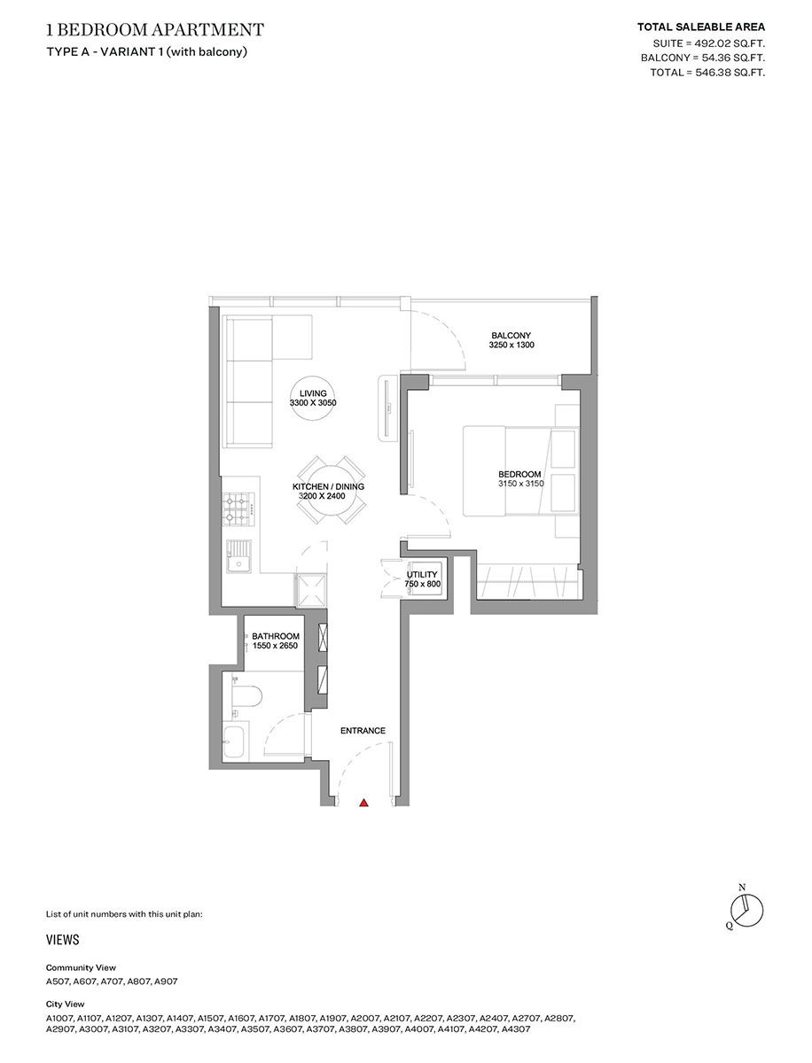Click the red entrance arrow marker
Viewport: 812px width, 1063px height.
pyautogui.click(x=363, y=803)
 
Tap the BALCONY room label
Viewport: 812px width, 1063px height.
pyautogui.click(x=511, y=335)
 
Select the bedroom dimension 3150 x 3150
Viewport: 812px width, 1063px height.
pyautogui.click(x=520, y=484)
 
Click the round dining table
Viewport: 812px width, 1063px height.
pyautogui.click(x=329, y=492)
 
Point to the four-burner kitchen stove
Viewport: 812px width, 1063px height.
pyautogui.click(x=240, y=509)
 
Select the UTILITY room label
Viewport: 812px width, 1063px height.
pyautogui.click(x=421, y=575)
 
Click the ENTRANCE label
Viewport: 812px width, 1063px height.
pyautogui.click(x=363, y=731)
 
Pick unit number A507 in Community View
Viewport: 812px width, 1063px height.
pyautogui.click(x=58, y=982)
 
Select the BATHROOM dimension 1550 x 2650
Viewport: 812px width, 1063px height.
pyautogui.click(x=275, y=646)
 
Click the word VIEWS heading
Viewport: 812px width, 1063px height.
pyautogui.click(x=62, y=940)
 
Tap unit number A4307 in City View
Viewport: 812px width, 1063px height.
pyautogui.click(x=516, y=1029)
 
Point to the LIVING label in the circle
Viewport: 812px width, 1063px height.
pyautogui.click(x=313, y=393)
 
